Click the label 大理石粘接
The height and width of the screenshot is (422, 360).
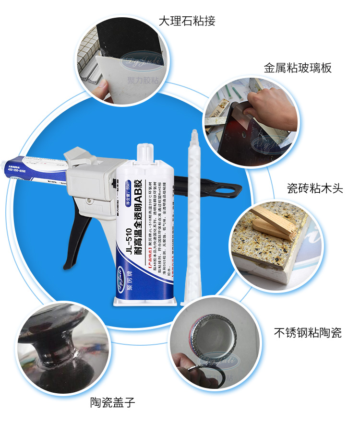pyautogui.click(x=187, y=21)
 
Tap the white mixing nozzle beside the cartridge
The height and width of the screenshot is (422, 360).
pyautogui.click(x=193, y=216)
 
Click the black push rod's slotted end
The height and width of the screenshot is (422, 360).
pyautogui.click(x=230, y=190)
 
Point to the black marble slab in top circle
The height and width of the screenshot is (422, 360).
pyautogui.click(x=130, y=38)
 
